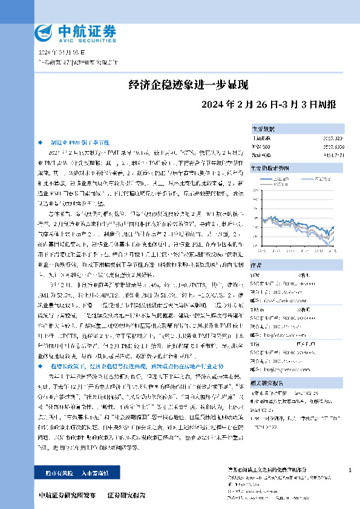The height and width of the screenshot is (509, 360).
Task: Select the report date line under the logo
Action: tap(57, 54)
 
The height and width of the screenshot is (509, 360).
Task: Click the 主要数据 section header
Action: tap(264, 129)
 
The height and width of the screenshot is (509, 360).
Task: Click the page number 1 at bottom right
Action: tap(350, 470)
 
